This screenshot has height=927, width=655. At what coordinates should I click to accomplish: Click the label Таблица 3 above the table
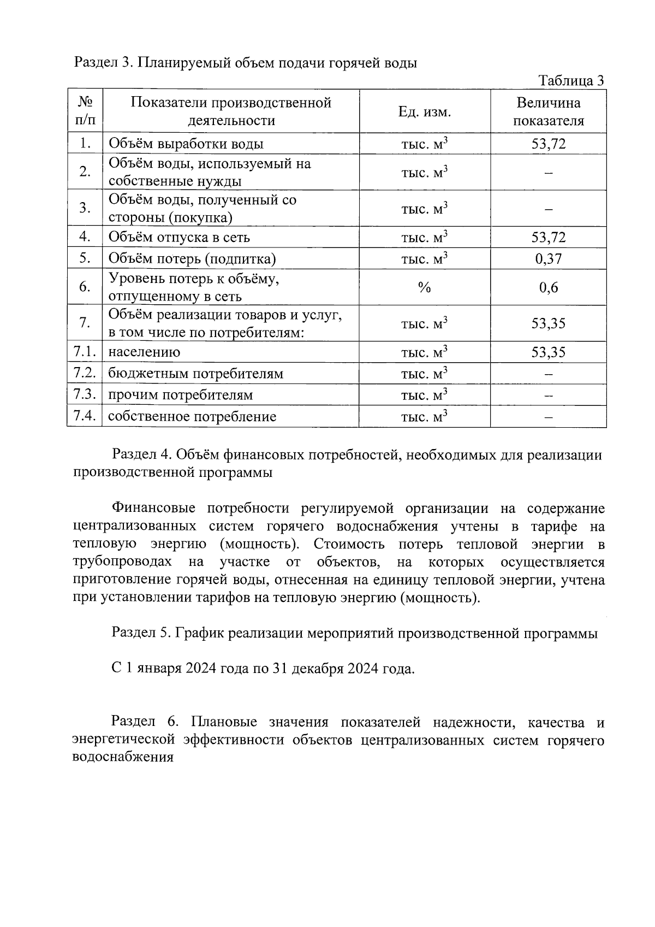tap(571, 81)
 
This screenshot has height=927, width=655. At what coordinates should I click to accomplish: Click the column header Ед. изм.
tap(425, 112)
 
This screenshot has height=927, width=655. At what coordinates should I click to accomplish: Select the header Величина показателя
tap(548, 111)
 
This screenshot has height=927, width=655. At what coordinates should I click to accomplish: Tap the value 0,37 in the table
tap(548, 258)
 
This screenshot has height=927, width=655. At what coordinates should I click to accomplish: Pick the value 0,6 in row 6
tap(548, 287)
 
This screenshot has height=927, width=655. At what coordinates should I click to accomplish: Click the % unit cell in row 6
tap(425, 287)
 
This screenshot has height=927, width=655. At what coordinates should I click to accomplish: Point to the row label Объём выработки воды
tap(186, 144)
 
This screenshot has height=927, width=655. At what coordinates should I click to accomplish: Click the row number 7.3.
tap(85, 394)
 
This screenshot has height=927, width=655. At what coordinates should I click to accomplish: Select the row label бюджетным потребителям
tap(195, 374)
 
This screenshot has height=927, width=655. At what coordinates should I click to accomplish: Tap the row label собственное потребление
tap(192, 417)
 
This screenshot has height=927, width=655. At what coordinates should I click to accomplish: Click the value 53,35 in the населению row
tap(548, 352)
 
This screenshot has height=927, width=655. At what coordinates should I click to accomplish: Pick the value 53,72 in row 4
tap(548, 237)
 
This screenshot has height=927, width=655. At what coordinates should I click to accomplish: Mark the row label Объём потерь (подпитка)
tap(192, 258)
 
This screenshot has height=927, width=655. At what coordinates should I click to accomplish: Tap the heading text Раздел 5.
tap(141, 633)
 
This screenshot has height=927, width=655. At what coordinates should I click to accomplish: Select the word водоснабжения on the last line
tap(123, 758)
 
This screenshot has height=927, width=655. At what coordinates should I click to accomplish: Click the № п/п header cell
tap(85, 111)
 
